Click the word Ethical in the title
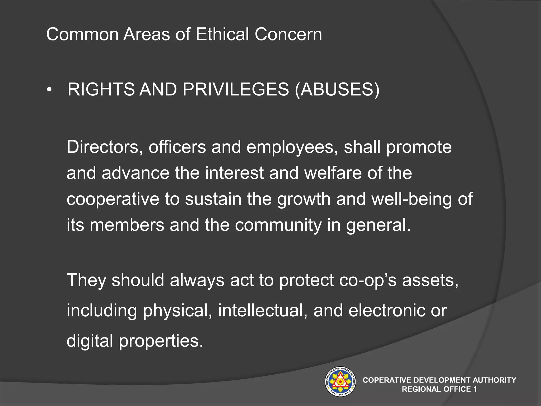point(222,34)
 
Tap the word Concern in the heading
point(288,34)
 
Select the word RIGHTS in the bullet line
point(101,89)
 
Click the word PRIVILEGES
point(236,89)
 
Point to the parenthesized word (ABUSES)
point(337,89)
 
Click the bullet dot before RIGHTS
point(48,90)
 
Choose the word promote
point(419,147)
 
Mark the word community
point(278,225)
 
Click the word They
point(86,280)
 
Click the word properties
point(161,341)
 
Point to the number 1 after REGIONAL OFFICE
point(475,389)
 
